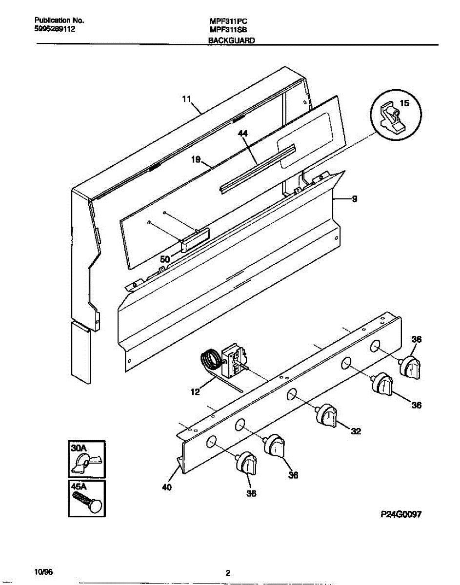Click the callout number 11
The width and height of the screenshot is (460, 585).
186,99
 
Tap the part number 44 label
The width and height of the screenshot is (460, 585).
243,133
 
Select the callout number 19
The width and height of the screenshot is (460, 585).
196,159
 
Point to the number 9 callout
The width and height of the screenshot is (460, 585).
354,198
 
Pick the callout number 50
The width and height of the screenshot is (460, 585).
165,260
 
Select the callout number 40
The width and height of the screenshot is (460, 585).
166,486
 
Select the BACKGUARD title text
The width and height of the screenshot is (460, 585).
231,41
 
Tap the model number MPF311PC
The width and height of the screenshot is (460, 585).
228,22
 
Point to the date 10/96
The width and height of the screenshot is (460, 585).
43,570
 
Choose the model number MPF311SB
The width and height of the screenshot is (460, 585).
228,30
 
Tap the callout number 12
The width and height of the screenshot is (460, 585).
195,391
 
